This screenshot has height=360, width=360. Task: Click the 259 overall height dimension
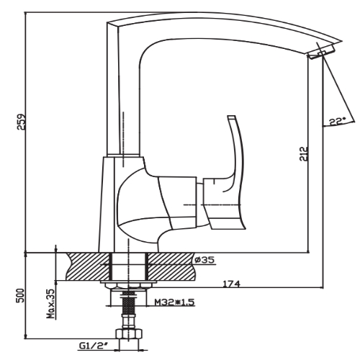(22, 122)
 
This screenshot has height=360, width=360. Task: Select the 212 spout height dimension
(304, 154)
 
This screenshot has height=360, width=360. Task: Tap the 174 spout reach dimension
(232, 284)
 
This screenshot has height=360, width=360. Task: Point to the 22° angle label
(337, 121)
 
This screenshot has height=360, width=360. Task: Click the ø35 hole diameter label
(204, 260)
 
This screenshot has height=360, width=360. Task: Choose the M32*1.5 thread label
(174, 302)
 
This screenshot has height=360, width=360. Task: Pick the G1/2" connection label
(93, 346)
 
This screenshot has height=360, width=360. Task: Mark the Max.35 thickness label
(51, 303)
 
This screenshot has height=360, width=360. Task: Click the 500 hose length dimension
(22, 295)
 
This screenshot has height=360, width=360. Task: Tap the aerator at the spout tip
(321, 53)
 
